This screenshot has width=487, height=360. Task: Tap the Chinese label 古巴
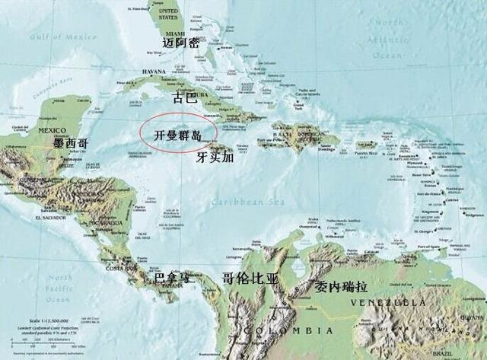click(x=186, y=97)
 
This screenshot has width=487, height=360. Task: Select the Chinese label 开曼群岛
click(x=177, y=135)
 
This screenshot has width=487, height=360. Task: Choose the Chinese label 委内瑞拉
click(x=343, y=287)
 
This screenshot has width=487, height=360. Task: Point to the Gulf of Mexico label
click(x=56, y=37)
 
